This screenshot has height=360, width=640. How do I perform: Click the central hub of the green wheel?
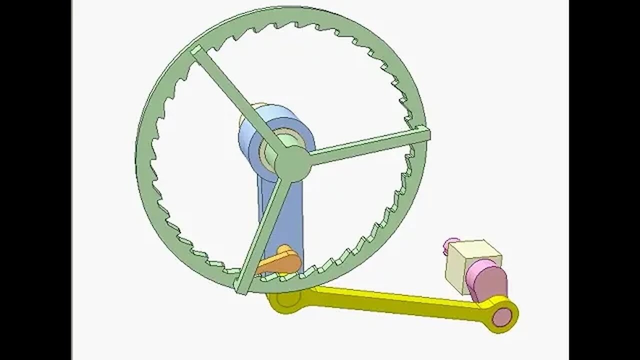pyautogui.click(x=292, y=163)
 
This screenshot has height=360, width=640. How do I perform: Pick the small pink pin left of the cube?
pyautogui.click(x=450, y=245)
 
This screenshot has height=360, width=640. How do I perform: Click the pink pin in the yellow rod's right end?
pyautogui.click(x=502, y=315)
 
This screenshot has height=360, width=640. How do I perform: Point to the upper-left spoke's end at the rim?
pyautogui.click(x=196, y=51)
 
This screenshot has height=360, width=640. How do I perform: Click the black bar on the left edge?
pyautogui.click(x=35, y=180)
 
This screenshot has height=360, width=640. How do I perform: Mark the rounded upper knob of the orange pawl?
pyautogui.click(x=284, y=249)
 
